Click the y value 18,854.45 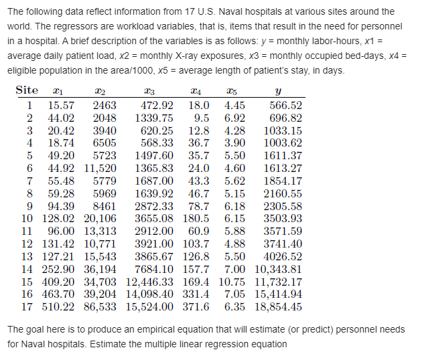[275, 307]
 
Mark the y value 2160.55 [283, 193]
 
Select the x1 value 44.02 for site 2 [61, 117]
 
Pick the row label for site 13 [27, 256]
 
